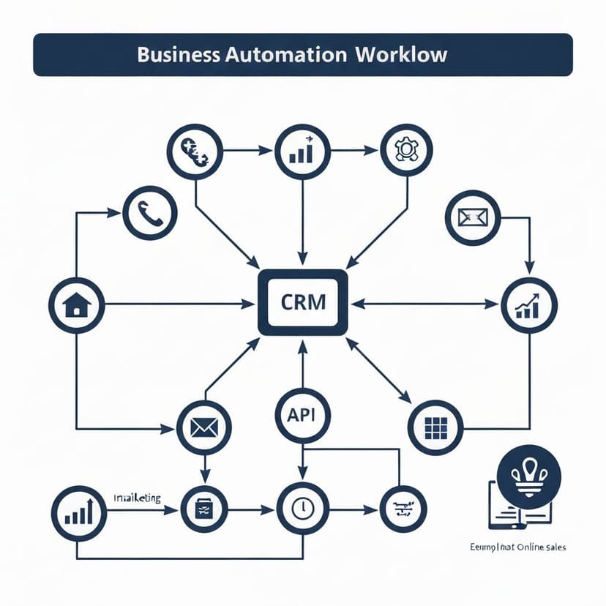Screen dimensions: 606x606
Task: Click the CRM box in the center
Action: point(302,302)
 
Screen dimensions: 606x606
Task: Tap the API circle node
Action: point(302,415)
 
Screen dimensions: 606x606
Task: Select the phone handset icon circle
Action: point(150,213)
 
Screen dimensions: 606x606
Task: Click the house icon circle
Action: point(76,303)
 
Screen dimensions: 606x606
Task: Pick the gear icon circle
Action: point(406,150)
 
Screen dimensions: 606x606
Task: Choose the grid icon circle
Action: point(435,427)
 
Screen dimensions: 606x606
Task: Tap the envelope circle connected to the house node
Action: point(204,428)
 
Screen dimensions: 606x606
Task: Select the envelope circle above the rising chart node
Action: point(473,217)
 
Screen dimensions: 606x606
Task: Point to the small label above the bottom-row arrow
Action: point(137,498)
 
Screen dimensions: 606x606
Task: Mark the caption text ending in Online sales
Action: point(519,547)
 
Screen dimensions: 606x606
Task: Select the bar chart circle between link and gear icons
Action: point(302,151)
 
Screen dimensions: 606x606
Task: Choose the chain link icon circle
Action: point(195,150)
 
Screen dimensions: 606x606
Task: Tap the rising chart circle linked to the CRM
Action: point(529,305)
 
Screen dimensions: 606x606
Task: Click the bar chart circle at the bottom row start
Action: point(79,514)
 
